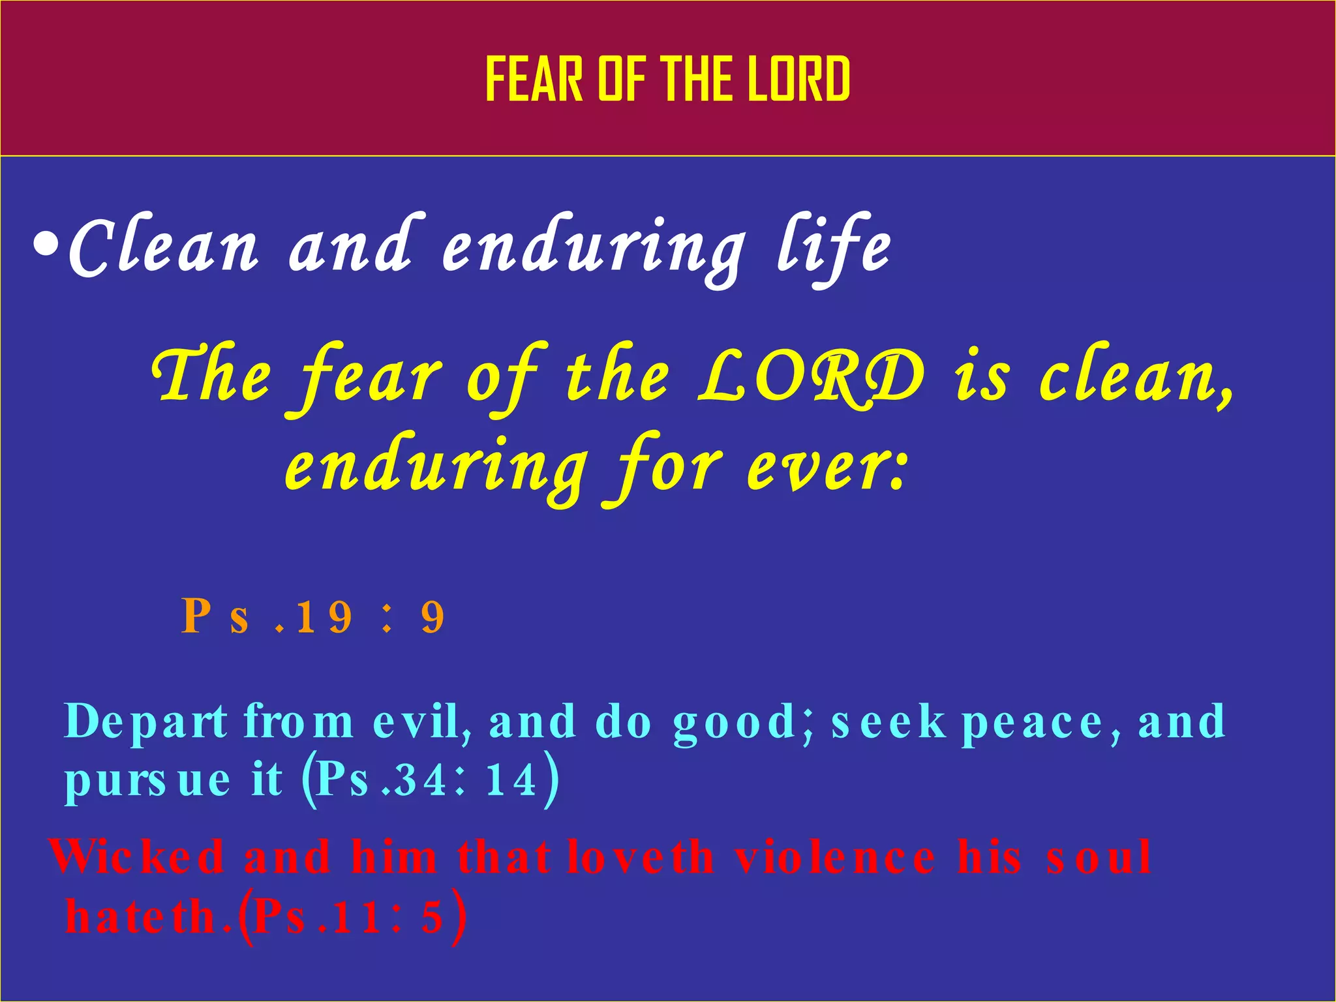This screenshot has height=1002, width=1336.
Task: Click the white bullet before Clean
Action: (x=46, y=246)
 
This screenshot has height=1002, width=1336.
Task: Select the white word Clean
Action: (x=163, y=245)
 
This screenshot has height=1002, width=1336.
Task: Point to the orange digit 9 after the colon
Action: (x=433, y=617)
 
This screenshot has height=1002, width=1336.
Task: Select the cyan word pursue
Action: (x=147, y=780)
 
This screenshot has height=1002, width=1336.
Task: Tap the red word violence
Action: (x=835, y=857)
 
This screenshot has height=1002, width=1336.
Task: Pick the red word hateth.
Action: (x=147, y=917)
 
